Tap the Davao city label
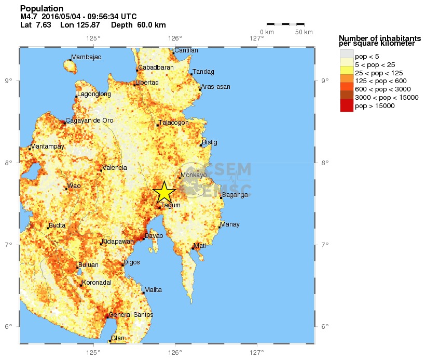tap(154, 236)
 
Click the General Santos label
tap(131, 315)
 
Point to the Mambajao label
tap(86, 57)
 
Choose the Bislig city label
tap(210, 142)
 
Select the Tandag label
tap(203, 72)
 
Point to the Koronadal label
tap(97, 283)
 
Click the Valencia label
tap(115, 168)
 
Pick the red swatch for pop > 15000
tap(347, 106)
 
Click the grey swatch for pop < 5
tap(347, 55)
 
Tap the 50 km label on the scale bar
tap(304, 32)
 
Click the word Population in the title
tap(42, 8)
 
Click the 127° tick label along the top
tap(257, 37)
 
